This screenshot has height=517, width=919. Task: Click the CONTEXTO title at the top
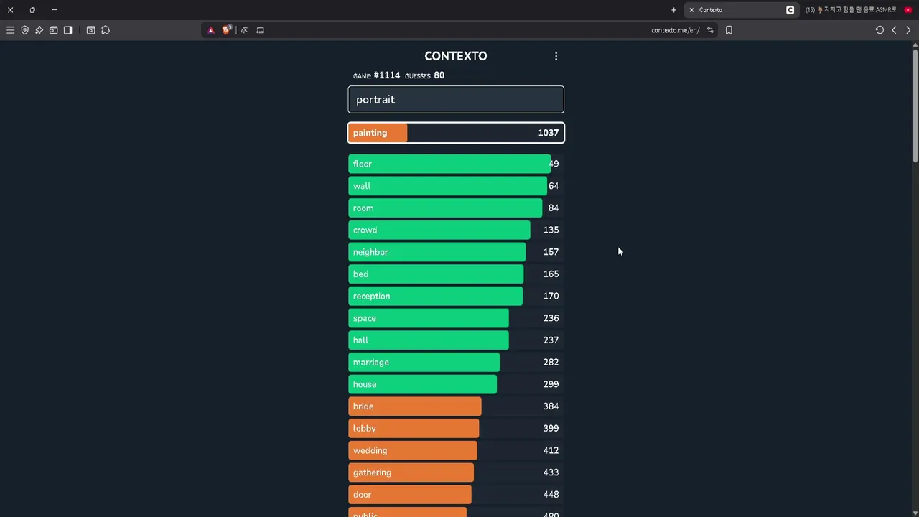tap(455, 56)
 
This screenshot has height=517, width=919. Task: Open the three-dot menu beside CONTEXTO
tap(556, 56)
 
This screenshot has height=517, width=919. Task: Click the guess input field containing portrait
tap(455, 100)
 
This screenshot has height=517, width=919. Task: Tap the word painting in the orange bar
tap(370, 133)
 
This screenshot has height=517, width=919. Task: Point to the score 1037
tap(548, 133)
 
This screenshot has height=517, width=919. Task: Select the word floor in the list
tap(363, 164)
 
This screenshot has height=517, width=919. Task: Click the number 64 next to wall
tap(553, 186)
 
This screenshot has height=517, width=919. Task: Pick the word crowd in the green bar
tap(365, 230)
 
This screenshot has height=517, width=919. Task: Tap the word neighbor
tap(370, 252)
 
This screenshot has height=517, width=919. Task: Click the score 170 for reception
tap(551, 296)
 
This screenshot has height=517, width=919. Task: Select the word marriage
tap(370, 363)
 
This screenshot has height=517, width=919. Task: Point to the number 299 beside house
tap(551, 384)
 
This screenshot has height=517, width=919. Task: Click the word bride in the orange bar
tap(363, 406)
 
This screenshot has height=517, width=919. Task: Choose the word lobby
tap(364, 429)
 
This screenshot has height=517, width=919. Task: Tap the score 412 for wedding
tap(551, 450)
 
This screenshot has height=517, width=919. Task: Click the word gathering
tap(372, 472)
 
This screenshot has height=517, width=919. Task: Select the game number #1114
tap(386, 75)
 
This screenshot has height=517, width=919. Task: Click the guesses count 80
tap(439, 75)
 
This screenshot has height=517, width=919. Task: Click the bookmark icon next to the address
tap(729, 30)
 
